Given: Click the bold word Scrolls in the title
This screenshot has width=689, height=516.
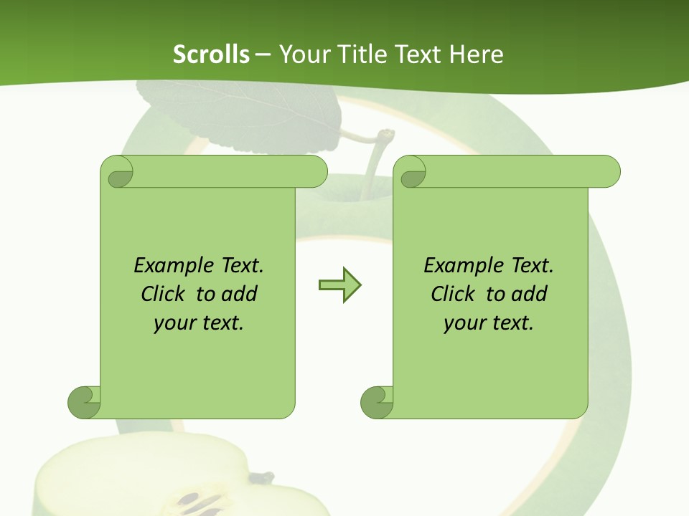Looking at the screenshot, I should click(x=211, y=54).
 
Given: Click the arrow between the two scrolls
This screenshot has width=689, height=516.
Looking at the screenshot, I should click(x=339, y=285).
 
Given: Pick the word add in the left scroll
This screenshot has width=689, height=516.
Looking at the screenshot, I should click(x=239, y=294).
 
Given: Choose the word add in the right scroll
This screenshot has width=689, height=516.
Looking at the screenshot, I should click(x=529, y=294).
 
